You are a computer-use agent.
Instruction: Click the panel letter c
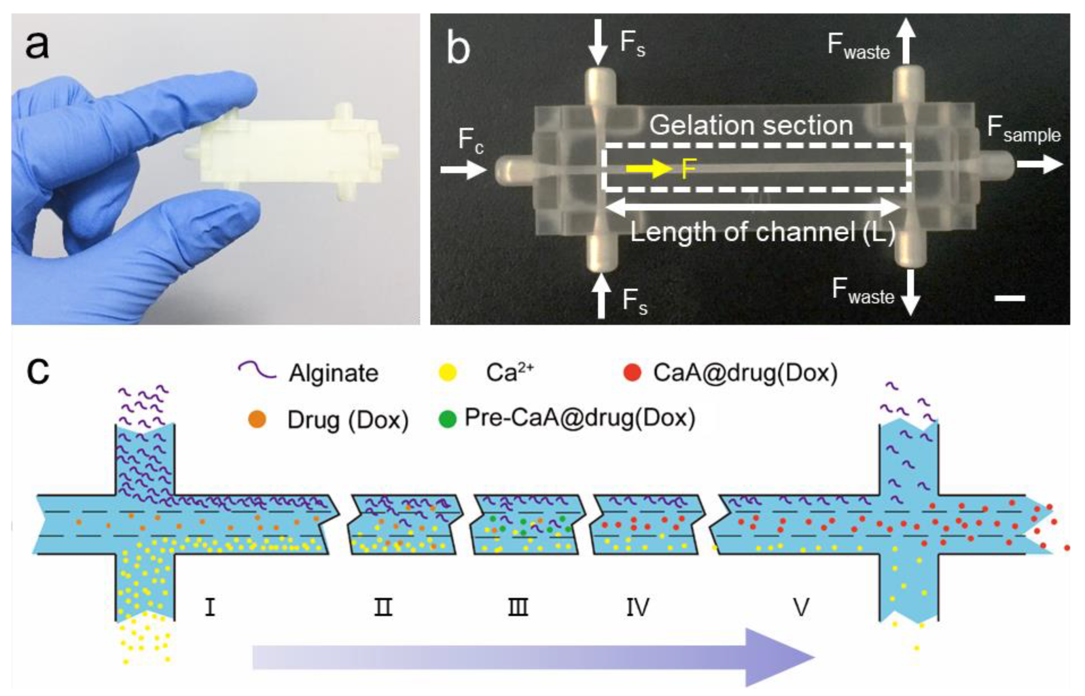38,372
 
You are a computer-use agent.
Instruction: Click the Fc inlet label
470,140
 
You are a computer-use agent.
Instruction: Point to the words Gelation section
751,125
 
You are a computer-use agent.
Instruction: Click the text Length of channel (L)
763,233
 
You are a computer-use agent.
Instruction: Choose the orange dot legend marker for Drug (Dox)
257,419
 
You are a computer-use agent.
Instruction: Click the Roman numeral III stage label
518,607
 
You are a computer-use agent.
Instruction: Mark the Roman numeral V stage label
801,607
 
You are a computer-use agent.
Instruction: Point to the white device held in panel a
289,154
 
